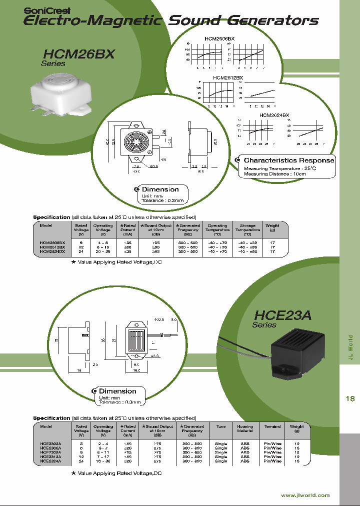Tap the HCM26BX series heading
point(72,54)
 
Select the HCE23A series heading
point(282,315)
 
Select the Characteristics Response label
point(288,160)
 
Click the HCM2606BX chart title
point(219,38)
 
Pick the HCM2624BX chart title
point(274,115)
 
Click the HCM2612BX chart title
point(227,77)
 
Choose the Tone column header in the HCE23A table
point(220,426)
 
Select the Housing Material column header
point(245,428)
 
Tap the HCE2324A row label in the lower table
point(50,461)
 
